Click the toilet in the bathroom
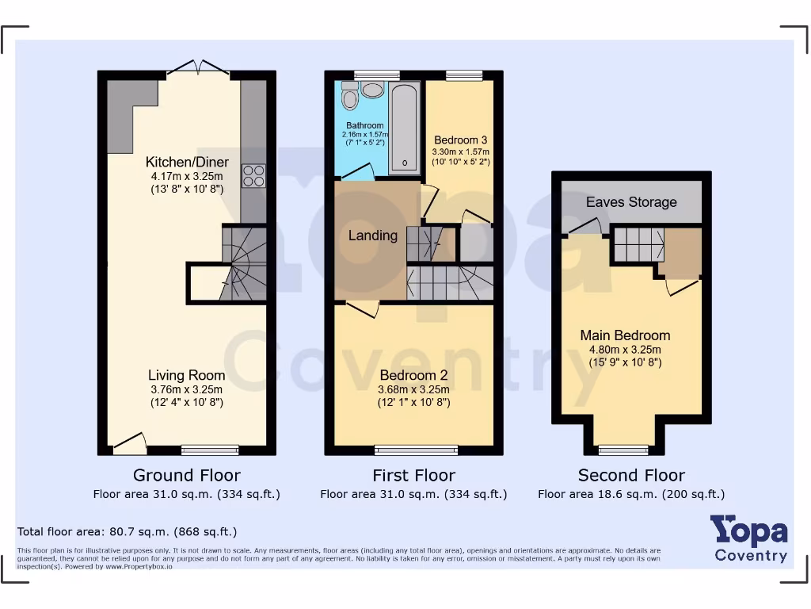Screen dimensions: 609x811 click(350, 98)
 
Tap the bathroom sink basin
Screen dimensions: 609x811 click(372, 90)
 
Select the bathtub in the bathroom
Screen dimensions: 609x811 click(405, 127)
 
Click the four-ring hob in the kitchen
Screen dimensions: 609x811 click(253, 175)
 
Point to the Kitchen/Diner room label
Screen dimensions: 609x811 click(187, 162)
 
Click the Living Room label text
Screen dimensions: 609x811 click(187, 375)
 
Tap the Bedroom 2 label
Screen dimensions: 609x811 click(408, 375)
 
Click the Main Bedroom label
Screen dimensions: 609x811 click(625, 335)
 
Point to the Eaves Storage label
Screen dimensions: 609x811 click(631, 202)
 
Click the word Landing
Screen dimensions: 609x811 click(373, 236)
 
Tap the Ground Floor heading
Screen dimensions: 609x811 click(187, 476)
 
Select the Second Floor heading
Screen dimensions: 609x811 click(631, 476)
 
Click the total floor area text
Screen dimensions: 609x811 click(127, 531)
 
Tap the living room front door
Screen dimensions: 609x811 click(130, 444)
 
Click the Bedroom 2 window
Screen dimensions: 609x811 click(416, 450)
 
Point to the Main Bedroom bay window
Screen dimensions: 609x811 click(623, 450)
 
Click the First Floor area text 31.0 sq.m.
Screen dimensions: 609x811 click(413, 494)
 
